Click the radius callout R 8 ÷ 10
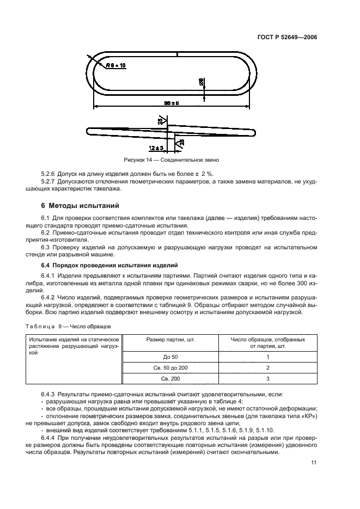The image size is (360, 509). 116,65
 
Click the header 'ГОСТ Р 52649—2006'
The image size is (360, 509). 287,38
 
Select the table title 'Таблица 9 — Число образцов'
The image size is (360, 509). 65,327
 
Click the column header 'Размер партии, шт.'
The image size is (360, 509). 171,339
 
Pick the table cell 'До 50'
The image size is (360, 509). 170,356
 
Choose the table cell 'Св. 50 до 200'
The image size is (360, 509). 170,367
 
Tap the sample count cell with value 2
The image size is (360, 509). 267,367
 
